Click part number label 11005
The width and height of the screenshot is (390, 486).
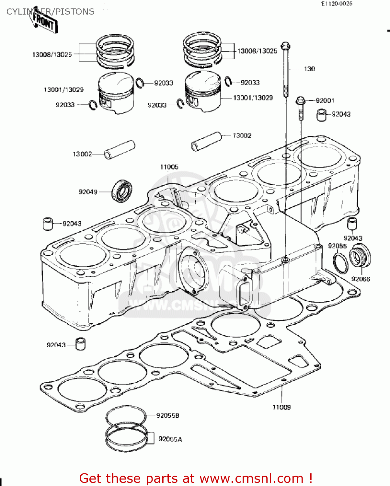pyautogui.click(x=169, y=167)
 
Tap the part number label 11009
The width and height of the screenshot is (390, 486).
pyautogui.click(x=281, y=407)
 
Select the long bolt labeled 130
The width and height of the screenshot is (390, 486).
pyautogui.click(x=285, y=70)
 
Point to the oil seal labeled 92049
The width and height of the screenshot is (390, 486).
pyautogui.click(x=122, y=191)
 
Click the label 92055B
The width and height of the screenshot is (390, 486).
pyautogui.click(x=167, y=415)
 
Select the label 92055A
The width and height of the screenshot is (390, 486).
pyautogui.click(x=170, y=439)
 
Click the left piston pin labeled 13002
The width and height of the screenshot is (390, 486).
pyautogui.click(x=119, y=149)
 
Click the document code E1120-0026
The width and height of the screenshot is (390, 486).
pyautogui.click(x=337, y=4)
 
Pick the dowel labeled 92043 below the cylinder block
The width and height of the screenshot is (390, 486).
pyautogui.click(x=80, y=344)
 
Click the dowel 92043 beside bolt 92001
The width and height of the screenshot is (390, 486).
pyautogui.click(x=321, y=115)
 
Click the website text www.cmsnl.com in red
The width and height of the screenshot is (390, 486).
pyautogui.click(x=251, y=478)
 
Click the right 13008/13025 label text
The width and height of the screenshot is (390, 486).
pyautogui.click(x=257, y=51)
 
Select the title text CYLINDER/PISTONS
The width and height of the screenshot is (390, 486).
pyautogui.click(x=51, y=12)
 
